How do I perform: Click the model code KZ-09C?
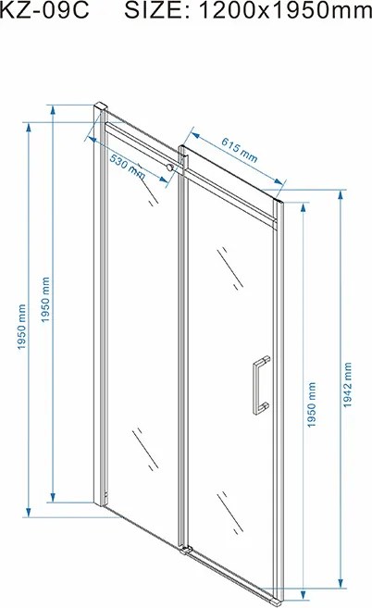(44, 10)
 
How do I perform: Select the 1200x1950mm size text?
(285, 10)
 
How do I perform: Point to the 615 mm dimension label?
(240, 149)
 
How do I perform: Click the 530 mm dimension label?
(127, 167)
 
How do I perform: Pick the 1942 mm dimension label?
(347, 385)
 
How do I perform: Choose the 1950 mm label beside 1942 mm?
(312, 404)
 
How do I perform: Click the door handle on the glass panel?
(261, 385)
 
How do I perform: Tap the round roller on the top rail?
(169, 168)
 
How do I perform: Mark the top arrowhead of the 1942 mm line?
(341, 194)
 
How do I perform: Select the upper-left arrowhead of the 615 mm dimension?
(194, 135)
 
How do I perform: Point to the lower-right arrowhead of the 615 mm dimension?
(279, 180)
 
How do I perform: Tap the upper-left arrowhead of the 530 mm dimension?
(93, 139)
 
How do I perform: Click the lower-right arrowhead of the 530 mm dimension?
(163, 179)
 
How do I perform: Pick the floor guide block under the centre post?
(185, 550)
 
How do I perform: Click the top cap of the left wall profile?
(100, 105)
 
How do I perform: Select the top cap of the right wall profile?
(279, 202)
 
